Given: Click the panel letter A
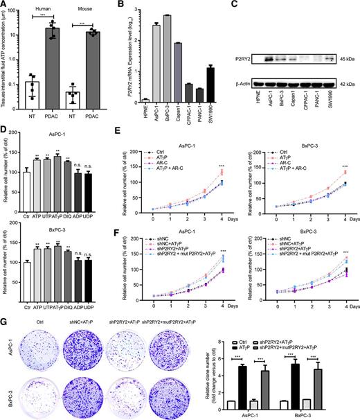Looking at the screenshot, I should [5, 6].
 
